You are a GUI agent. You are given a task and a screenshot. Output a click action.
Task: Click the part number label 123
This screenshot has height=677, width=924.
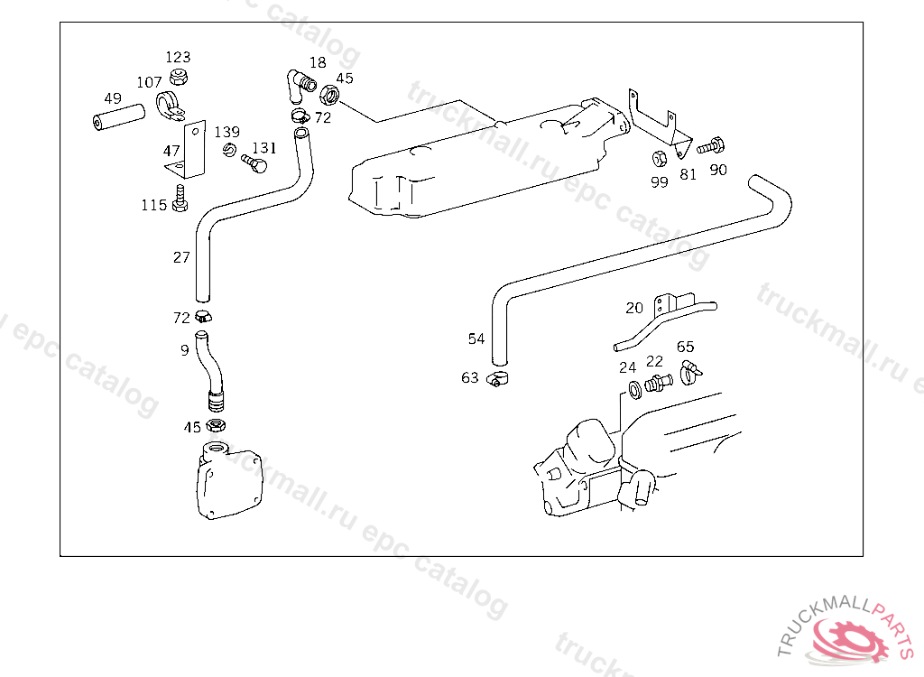[178, 57]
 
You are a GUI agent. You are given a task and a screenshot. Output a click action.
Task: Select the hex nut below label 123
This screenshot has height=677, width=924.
[178, 77]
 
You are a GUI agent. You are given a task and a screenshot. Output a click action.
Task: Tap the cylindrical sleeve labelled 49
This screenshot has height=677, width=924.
[119, 116]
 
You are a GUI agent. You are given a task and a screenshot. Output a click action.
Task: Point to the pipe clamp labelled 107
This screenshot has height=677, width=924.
[170, 107]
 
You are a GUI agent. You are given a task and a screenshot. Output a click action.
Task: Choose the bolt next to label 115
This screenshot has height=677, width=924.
[180, 199]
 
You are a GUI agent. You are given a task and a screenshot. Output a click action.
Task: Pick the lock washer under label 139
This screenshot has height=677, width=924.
[230, 151]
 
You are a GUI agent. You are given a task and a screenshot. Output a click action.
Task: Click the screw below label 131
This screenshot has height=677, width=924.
[254, 163]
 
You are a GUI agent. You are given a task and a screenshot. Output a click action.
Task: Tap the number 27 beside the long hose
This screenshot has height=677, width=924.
[181, 257]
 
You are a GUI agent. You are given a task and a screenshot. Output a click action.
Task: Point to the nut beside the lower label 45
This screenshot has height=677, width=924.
[217, 424]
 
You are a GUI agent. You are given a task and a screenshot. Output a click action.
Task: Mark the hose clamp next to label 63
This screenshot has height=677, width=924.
[498, 379]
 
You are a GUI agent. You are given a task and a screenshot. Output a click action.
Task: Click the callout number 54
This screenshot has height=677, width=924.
[476, 338]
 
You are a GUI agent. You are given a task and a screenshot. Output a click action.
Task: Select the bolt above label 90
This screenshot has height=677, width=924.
[711, 145]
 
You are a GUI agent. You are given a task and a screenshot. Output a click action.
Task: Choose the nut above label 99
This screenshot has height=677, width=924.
[660, 158]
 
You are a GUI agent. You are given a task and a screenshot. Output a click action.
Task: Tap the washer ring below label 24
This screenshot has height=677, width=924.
[635, 390]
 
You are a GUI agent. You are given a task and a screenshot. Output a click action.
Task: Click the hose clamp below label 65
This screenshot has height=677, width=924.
[690, 373]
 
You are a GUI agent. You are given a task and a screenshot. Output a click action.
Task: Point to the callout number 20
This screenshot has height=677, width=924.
[634, 308]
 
